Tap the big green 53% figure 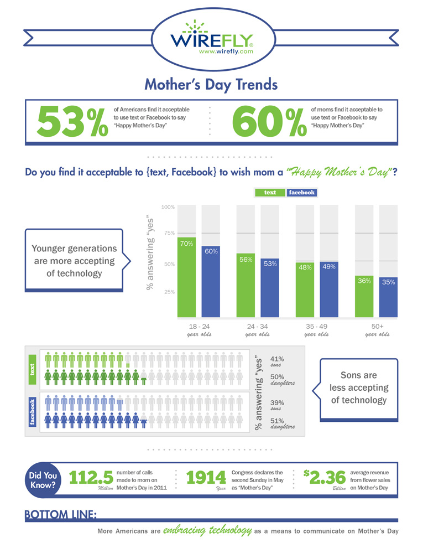pyautogui.click(x=72, y=121)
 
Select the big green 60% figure pyautogui.click(x=270, y=121)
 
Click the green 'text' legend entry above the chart pyautogui.click(x=270, y=193)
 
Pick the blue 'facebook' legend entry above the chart pyautogui.click(x=301, y=193)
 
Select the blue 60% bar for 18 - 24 pyautogui.click(x=211, y=282)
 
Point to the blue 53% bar pyautogui.click(x=270, y=288)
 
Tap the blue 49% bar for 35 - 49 pyautogui.click(x=329, y=290)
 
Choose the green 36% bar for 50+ pyautogui.click(x=364, y=297)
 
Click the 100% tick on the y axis pyautogui.click(x=168, y=207)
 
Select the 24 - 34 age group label pyautogui.click(x=257, y=327)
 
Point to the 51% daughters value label pyautogui.click(x=277, y=420)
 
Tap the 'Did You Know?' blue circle pyautogui.click(x=43, y=479)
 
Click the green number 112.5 pyautogui.click(x=91, y=478)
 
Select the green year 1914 pyautogui.click(x=206, y=478)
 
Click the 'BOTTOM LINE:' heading pyautogui.click(x=61, y=515)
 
